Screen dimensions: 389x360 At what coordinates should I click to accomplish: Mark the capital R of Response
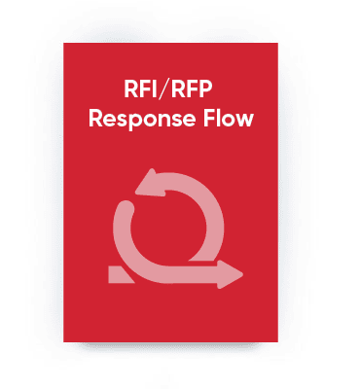tap(94, 122)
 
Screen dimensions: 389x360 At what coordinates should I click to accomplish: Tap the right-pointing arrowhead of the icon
tap(234, 274)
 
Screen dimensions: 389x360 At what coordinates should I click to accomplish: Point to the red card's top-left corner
tap(64, 44)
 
